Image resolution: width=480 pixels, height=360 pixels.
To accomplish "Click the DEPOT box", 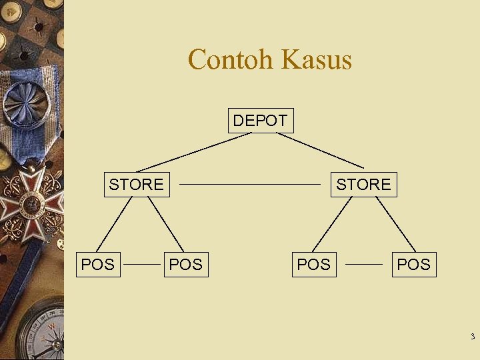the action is click(260, 121).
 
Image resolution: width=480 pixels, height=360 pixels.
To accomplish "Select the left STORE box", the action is click(136, 184).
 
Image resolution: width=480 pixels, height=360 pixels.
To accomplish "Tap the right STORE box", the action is click(363, 184).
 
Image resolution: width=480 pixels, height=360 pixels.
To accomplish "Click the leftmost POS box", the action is click(97, 265).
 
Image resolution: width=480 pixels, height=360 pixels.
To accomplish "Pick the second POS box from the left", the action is click(185, 265).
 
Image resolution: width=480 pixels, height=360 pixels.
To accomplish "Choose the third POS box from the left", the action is click(313, 265).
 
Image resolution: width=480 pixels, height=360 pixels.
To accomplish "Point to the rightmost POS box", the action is click(413, 265).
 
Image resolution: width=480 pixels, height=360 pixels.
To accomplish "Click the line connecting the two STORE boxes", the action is click(250, 183).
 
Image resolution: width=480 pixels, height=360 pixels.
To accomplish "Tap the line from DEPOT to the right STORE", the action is click(320, 150).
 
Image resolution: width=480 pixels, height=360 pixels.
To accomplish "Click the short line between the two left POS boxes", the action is click(143, 264).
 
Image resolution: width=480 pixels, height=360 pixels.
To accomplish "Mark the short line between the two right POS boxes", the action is click(364, 264).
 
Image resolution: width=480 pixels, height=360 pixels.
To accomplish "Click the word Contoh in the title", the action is click(231, 59).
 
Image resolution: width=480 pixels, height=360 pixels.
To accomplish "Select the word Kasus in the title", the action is click(317, 59).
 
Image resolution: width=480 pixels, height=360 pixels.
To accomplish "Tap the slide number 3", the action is click(472, 337).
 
